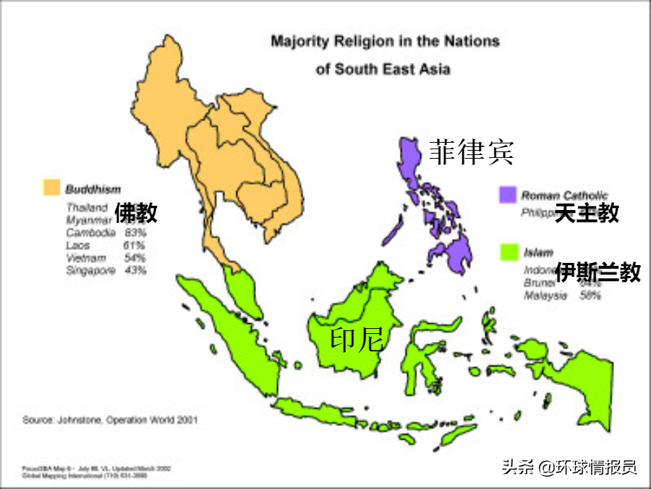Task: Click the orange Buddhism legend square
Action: [x=50, y=189]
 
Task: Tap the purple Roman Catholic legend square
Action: [x=508, y=195]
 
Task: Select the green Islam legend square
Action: [x=511, y=252]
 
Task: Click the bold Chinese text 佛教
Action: [x=135, y=213]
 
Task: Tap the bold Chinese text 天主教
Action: [x=587, y=213]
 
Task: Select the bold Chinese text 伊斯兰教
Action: [x=597, y=272]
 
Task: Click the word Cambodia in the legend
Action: [x=90, y=233]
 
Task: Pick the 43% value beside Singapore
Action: [x=135, y=270]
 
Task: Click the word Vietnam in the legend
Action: [x=86, y=258]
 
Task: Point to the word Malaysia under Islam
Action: [x=546, y=296]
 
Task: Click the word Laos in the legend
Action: [x=78, y=246]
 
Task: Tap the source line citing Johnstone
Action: [x=110, y=419]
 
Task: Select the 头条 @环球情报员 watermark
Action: [x=569, y=467]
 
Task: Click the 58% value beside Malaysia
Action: [x=590, y=296]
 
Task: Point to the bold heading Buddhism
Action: [x=93, y=190]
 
